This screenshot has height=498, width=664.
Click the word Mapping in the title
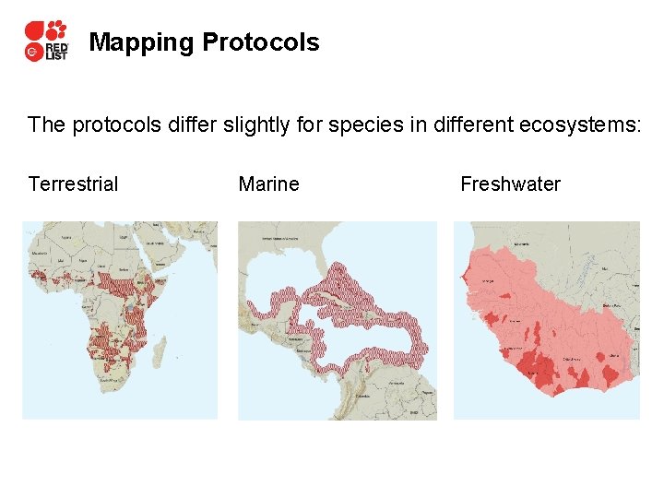click(141, 42)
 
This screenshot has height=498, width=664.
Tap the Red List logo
click(45, 41)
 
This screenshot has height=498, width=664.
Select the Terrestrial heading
click(73, 184)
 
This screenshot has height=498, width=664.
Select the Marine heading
click(268, 184)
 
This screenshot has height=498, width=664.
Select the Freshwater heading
click(510, 184)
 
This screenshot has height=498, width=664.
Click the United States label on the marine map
click(277, 239)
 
